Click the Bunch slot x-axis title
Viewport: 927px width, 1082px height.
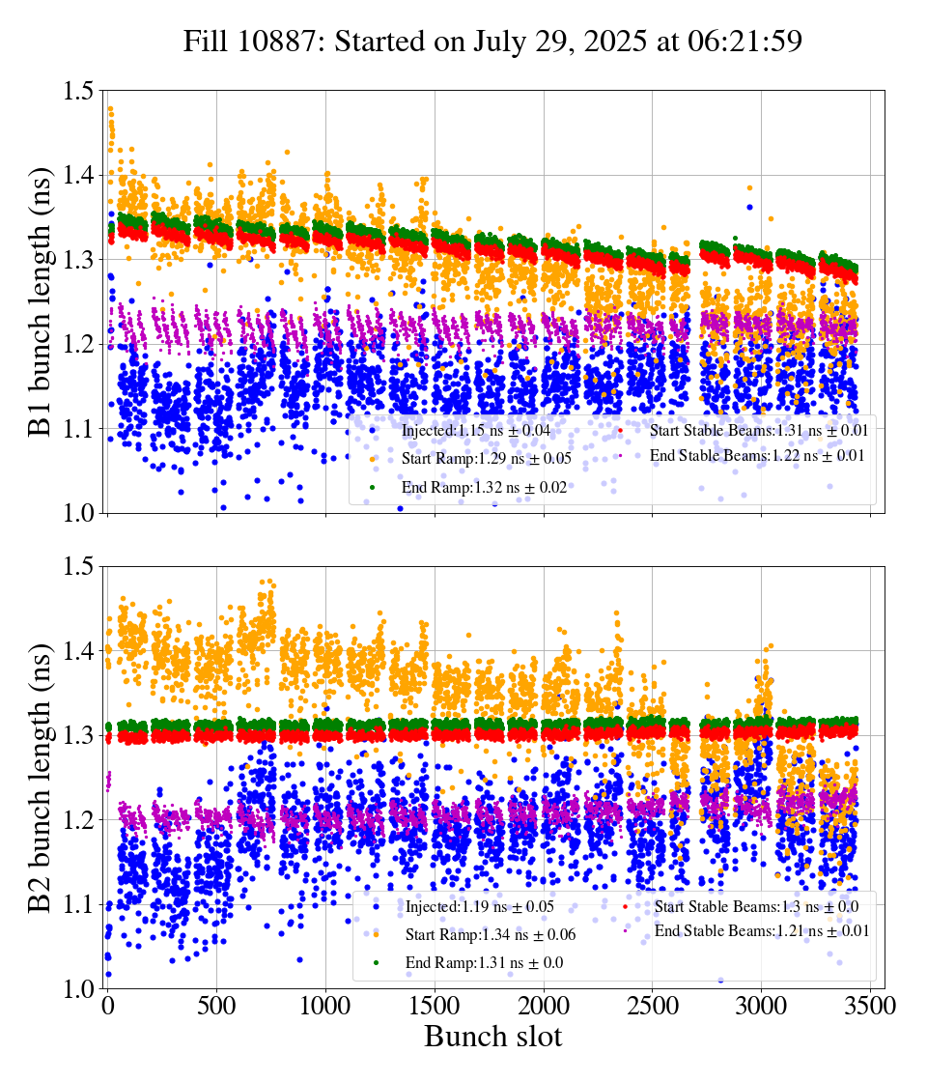coord(492,1038)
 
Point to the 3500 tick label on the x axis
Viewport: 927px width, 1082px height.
coord(871,1007)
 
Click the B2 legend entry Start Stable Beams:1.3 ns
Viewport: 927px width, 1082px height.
coord(756,906)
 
